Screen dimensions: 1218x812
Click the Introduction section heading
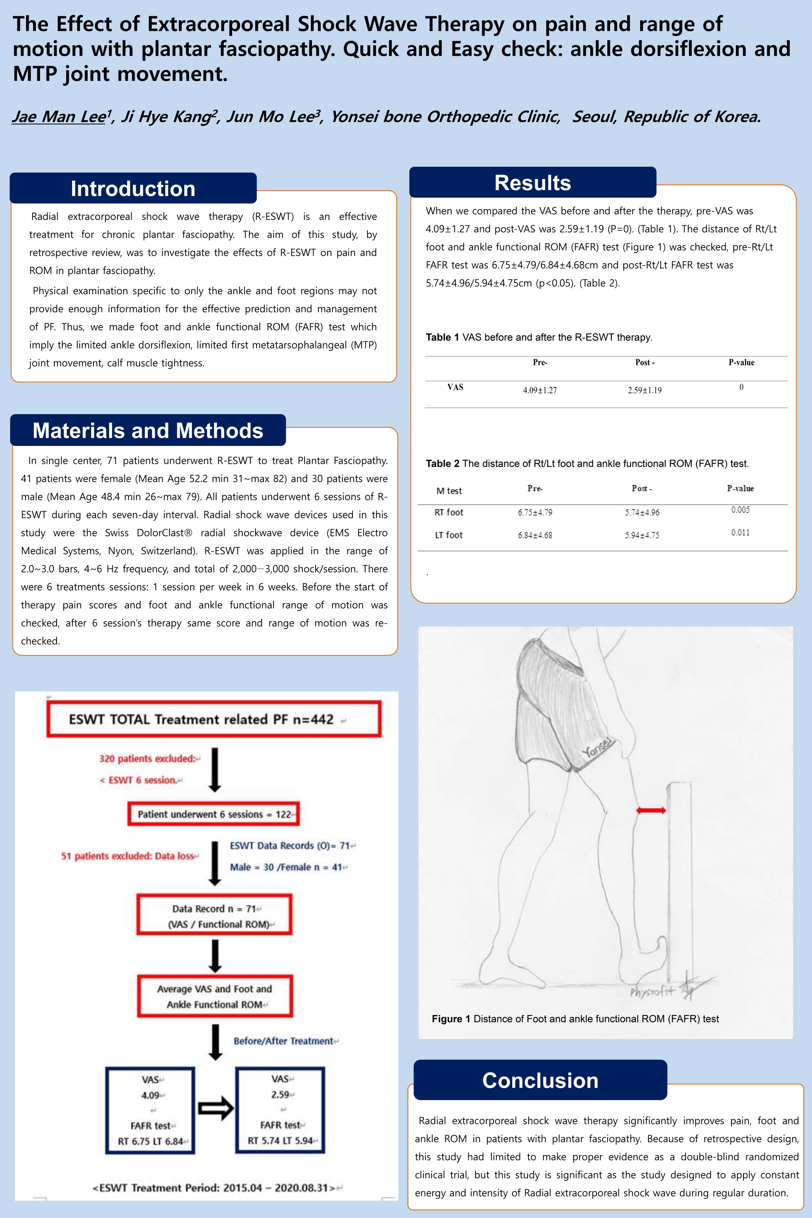[x=133, y=188]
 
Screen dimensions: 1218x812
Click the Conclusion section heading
[x=540, y=1080]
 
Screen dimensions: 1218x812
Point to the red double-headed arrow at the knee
[x=651, y=810]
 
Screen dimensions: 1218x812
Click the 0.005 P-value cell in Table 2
[x=740, y=510]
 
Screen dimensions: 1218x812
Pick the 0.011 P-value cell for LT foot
[x=740, y=533]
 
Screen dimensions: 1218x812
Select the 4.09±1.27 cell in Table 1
[x=540, y=390]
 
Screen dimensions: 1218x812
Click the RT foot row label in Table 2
[x=449, y=513]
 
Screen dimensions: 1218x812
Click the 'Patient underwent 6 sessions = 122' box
[x=213, y=814]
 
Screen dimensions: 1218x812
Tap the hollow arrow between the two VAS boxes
[x=216, y=1109]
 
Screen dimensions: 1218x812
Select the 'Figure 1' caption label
[x=451, y=1019]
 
